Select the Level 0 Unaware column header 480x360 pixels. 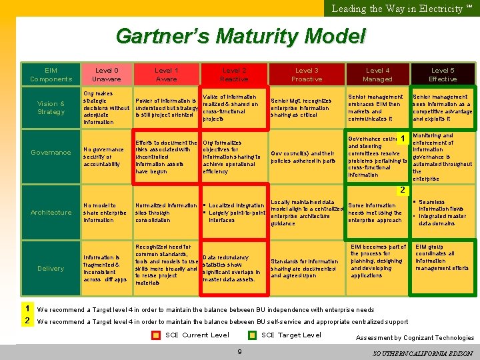(x=107, y=75)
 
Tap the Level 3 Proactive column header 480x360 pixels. (x=307, y=75)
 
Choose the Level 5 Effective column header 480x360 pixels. (x=443, y=75)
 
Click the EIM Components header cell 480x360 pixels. (x=51, y=75)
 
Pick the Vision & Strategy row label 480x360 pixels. (x=51, y=108)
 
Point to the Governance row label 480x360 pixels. (x=51, y=153)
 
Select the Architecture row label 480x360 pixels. (x=51, y=213)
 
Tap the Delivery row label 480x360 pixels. (x=51, y=269)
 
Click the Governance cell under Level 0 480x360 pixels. (x=105, y=157)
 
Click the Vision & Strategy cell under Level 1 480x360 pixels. (x=167, y=108)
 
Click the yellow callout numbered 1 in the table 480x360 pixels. (x=403, y=139)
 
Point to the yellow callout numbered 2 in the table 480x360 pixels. (x=403, y=191)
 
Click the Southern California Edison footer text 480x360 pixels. (x=423, y=353)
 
